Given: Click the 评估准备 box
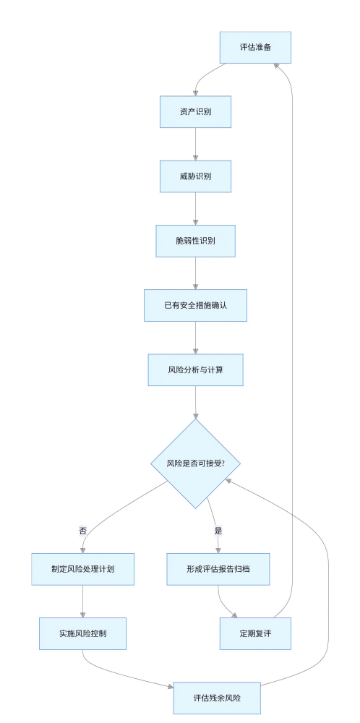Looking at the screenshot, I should click(x=255, y=48).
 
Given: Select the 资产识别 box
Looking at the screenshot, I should click(x=195, y=112).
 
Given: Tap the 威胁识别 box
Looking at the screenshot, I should click(x=195, y=176).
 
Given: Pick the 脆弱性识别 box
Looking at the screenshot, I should click(x=195, y=241).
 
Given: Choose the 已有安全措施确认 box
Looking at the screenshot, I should click(x=195, y=305).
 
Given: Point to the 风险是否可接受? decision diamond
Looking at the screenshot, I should click(x=195, y=463).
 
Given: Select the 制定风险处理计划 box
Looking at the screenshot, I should click(x=83, y=569).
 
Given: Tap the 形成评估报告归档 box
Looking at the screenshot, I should click(x=218, y=569).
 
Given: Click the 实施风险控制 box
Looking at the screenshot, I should click(x=83, y=633).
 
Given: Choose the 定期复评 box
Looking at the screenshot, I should click(x=255, y=633).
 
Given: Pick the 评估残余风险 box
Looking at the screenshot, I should click(x=217, y=698).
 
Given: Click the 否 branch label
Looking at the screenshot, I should click(x=83, y=530).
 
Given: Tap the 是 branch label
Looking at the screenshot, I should click(x=218, y=530).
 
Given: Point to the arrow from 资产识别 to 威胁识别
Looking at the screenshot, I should click(x=195, y=144).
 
